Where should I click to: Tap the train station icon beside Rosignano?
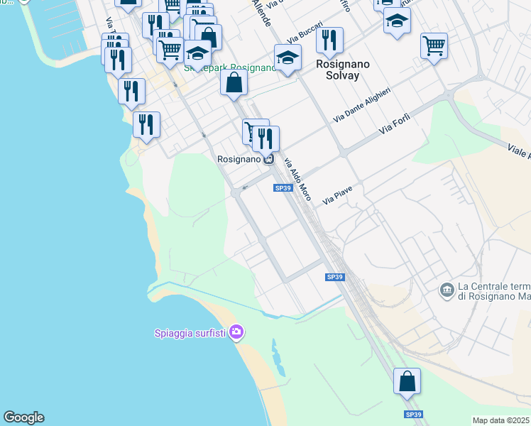pos(268,159)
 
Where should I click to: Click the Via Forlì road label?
pos(395,125)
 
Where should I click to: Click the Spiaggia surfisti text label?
pos(192,332)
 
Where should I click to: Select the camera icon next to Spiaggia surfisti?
pos(237,332)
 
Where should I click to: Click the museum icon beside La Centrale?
pos(447,290)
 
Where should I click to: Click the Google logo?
pos(23,417)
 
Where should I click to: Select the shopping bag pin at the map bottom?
pos(407,382)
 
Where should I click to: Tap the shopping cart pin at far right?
pos(433,46)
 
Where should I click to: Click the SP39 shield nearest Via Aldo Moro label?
pos(283,188)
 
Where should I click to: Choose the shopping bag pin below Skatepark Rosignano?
pos(234,83)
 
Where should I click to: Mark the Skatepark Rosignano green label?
pos(229,68)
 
